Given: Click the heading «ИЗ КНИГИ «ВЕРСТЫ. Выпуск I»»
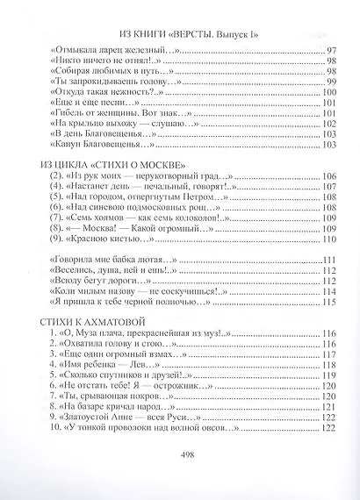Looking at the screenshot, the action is click(180, 34).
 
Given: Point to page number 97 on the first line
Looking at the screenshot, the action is click(332, 53).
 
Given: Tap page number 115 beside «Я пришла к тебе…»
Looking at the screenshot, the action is click(329, 303).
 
